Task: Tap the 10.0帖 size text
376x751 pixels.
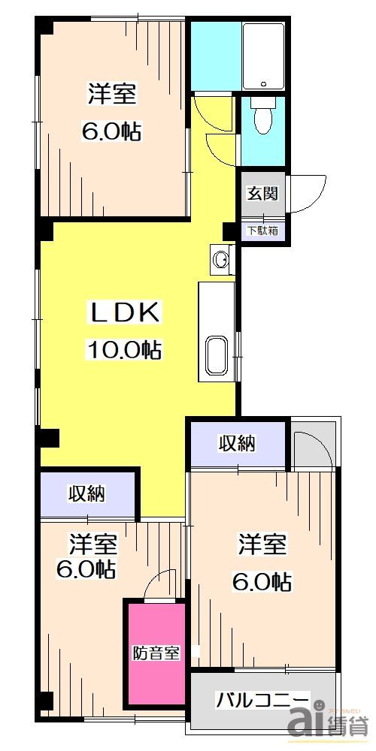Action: click(x=126, y=349)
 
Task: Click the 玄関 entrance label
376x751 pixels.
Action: click(x=263, y=193)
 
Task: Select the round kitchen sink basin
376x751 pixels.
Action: click(x=221, y=260)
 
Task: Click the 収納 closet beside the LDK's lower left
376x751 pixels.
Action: click(x=87, y=493)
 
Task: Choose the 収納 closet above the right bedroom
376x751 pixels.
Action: click(x=237, y=444)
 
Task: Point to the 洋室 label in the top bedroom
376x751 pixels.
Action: click(x=113, y=95)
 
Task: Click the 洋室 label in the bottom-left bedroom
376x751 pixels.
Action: click(x=93, y=542)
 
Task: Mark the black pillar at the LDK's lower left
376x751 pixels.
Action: click(x=49, y=436)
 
